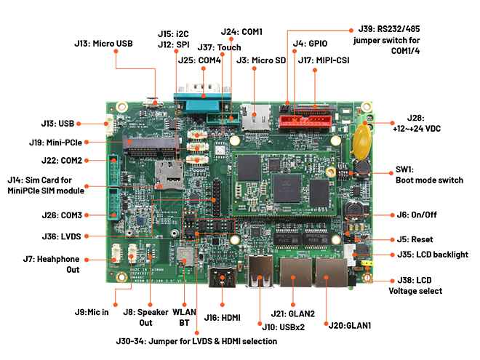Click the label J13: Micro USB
click(104, 44)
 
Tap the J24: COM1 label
click(241, 32)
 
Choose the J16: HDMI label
click(222, 317)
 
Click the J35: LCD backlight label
click(433, 255)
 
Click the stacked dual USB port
click(260, 273)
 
